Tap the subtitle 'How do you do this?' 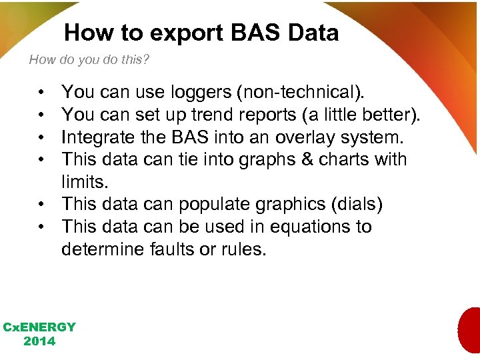(89, 60)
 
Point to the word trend (215, 114)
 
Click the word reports (271, 114)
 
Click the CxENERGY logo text (39, 327)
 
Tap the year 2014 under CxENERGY (39, 341)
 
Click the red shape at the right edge (470, 331)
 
